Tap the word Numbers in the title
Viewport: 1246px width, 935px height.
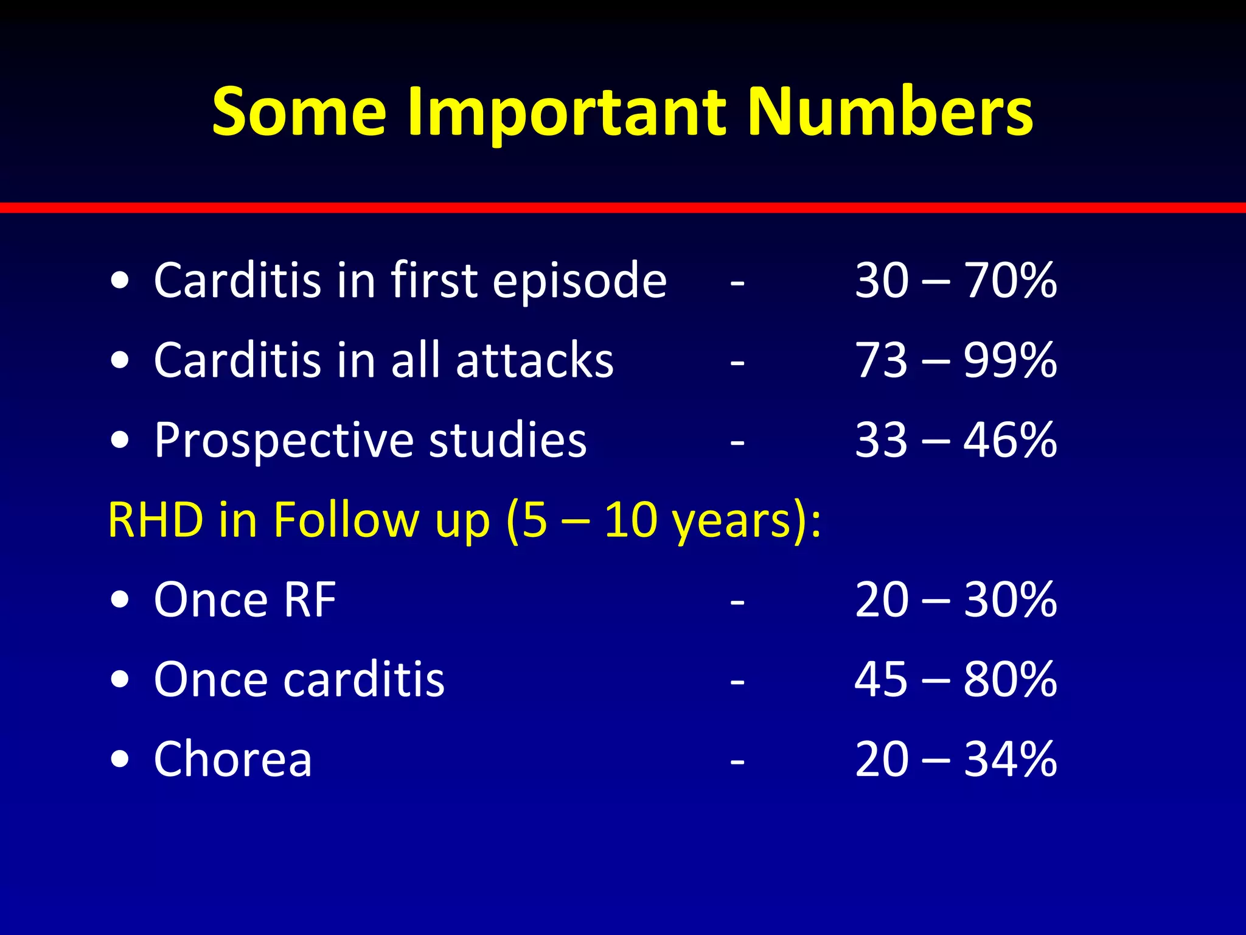tap(889, 113)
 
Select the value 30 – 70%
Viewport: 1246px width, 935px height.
tap(956, 281)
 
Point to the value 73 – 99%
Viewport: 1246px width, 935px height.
tap(956, 360)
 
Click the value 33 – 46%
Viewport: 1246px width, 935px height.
tap(956, 440)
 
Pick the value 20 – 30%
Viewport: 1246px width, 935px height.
tap(956, 600)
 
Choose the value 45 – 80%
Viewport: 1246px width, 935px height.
tap(956, 680)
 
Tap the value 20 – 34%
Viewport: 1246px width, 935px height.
tap(956, 760)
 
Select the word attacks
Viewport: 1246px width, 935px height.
tap(535, 360)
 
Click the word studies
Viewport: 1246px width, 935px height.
tap(507, 440)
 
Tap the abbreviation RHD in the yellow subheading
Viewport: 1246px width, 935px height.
tap(156, 520)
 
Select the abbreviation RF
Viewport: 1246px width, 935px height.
tap(310, 600)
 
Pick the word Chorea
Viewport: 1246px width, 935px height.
tap(233, 760)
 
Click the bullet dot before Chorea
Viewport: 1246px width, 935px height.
tap(120, 760)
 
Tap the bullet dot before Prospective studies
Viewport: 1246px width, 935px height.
tap(120, 440)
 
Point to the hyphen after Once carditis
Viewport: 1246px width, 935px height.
tap(737, 682)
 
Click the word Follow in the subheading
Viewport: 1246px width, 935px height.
tap(346, 520)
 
